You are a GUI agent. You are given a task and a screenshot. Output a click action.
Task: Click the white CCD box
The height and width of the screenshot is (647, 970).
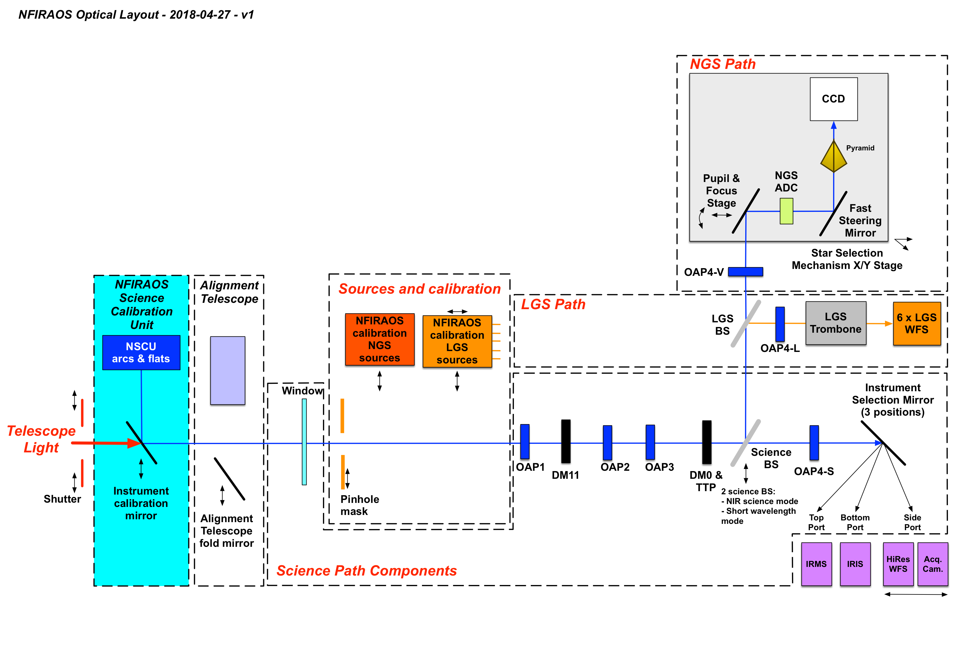[x=833, y=99]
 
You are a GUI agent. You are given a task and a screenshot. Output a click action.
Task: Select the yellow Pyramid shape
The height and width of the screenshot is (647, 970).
[x=833, y=157]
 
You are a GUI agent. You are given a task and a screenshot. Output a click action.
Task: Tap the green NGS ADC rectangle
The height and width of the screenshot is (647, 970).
[x=786, y=211]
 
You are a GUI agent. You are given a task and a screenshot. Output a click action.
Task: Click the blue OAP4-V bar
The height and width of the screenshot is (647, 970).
[x=745, y=272]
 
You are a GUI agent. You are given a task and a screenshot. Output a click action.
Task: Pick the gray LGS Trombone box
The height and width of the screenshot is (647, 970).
[x=835, y=323]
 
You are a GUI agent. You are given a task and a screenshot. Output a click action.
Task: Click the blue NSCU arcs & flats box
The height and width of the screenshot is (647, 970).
[x=141, y=352]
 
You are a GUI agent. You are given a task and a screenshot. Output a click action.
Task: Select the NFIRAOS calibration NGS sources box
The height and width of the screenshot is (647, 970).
[x=380, y=339]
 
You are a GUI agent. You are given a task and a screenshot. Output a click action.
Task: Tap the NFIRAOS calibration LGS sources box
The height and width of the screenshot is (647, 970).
[x=457, y=341]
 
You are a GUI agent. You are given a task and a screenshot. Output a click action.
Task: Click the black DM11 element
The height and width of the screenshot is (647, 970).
[x=566, y=441]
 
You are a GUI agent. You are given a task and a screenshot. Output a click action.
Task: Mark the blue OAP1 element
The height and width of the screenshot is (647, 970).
[x=524, y=441]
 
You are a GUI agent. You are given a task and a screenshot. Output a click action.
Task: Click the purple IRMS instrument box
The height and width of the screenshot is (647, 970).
[x=816, y=564]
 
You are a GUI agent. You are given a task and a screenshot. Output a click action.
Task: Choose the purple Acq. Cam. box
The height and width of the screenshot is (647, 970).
[x=932, y=564]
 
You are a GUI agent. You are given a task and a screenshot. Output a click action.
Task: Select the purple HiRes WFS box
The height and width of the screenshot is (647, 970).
[x=898, y=564]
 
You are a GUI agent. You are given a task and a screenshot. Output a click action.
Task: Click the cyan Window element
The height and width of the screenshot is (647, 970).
[x=304, y=441]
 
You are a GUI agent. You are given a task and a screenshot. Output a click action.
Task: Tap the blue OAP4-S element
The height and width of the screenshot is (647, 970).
[x=814, y=442]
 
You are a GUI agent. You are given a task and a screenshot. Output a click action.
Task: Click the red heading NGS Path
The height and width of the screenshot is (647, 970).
[x=723, y=64]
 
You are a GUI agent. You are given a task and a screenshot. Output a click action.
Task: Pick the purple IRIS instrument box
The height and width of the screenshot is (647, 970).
[x=855, y=564]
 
